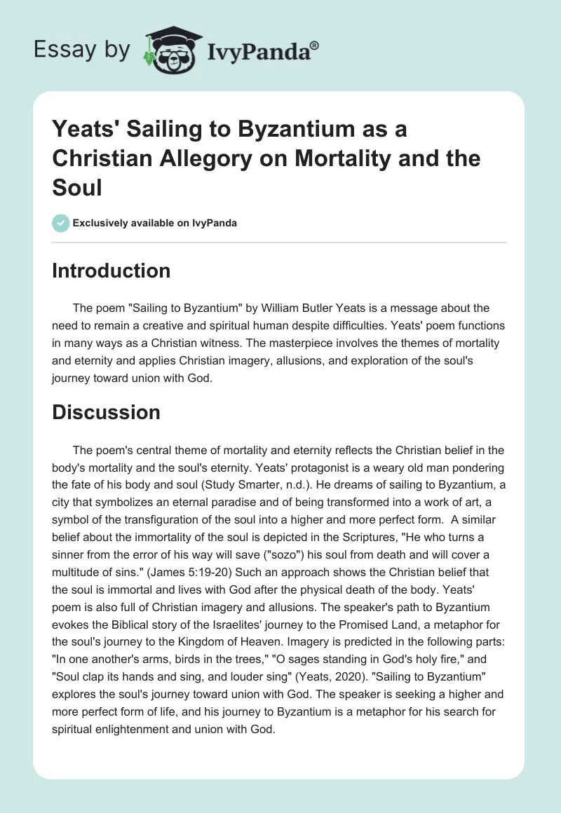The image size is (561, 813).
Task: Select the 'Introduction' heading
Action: click(x=111, y=271)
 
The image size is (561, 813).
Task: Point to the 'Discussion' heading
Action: click(x=106, y=413)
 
